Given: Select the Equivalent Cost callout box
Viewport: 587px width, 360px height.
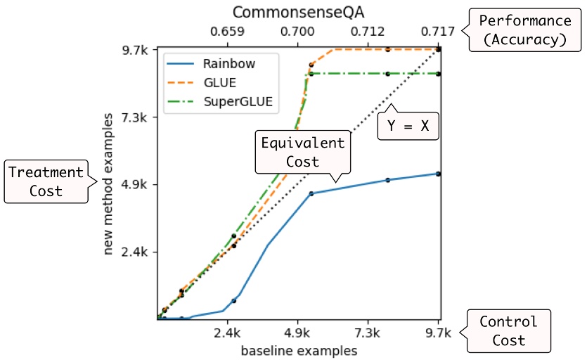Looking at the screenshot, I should [302, 152].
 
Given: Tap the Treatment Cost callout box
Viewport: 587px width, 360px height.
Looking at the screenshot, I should [45, 181].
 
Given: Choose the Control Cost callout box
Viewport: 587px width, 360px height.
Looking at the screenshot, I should [508, 330].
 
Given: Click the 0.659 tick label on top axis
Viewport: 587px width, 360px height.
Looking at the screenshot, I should [227, 32].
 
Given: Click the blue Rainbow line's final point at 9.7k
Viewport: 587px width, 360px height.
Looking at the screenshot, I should [438, 174].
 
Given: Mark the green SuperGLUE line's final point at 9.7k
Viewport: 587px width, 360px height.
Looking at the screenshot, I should [438, 74].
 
